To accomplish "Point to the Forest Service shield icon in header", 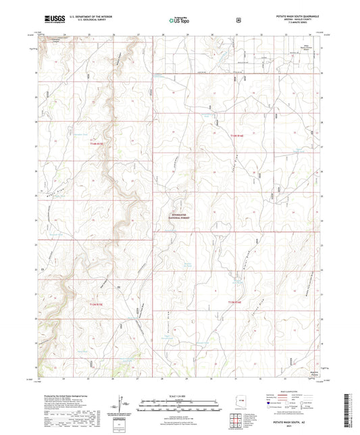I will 237,20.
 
